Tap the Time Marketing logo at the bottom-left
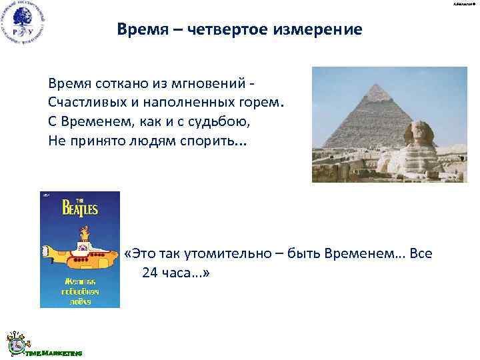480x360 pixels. coord(40,344)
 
